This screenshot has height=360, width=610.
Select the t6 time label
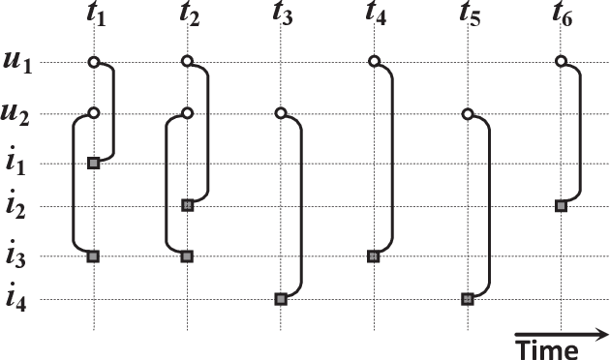[562, 16]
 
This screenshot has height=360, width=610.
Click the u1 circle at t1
[94, 63]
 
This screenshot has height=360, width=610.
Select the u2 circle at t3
[281, 113]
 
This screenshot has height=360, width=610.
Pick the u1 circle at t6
[561, 63]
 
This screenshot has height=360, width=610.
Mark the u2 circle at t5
[468, 113]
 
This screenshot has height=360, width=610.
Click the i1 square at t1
[94, 163]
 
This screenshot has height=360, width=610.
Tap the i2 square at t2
[188, 205]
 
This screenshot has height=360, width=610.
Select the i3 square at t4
[374, 256]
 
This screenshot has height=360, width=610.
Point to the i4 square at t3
[281, 300]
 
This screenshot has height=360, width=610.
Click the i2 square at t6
[561, 205]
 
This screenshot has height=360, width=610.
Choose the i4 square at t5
[468, 300]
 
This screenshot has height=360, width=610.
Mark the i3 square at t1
[94, 256]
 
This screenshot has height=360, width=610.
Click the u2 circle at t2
[188, 113]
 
